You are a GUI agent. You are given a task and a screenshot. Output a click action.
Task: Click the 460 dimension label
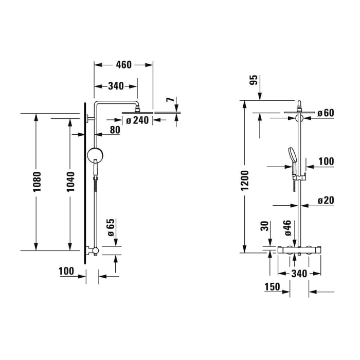[123, 65]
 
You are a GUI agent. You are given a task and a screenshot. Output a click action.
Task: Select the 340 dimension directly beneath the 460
[115, 86]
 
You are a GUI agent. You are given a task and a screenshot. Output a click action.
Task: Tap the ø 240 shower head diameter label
[137, 121]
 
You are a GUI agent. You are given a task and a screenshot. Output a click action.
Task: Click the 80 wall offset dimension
[114, 130]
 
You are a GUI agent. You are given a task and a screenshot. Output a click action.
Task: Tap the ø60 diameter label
[326, 113]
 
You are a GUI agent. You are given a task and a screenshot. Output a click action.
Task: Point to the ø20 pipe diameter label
[326, 200]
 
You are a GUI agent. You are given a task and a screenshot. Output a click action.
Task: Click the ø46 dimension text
[288, 227]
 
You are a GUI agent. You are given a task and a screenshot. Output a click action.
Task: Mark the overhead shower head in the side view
[138, 113]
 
